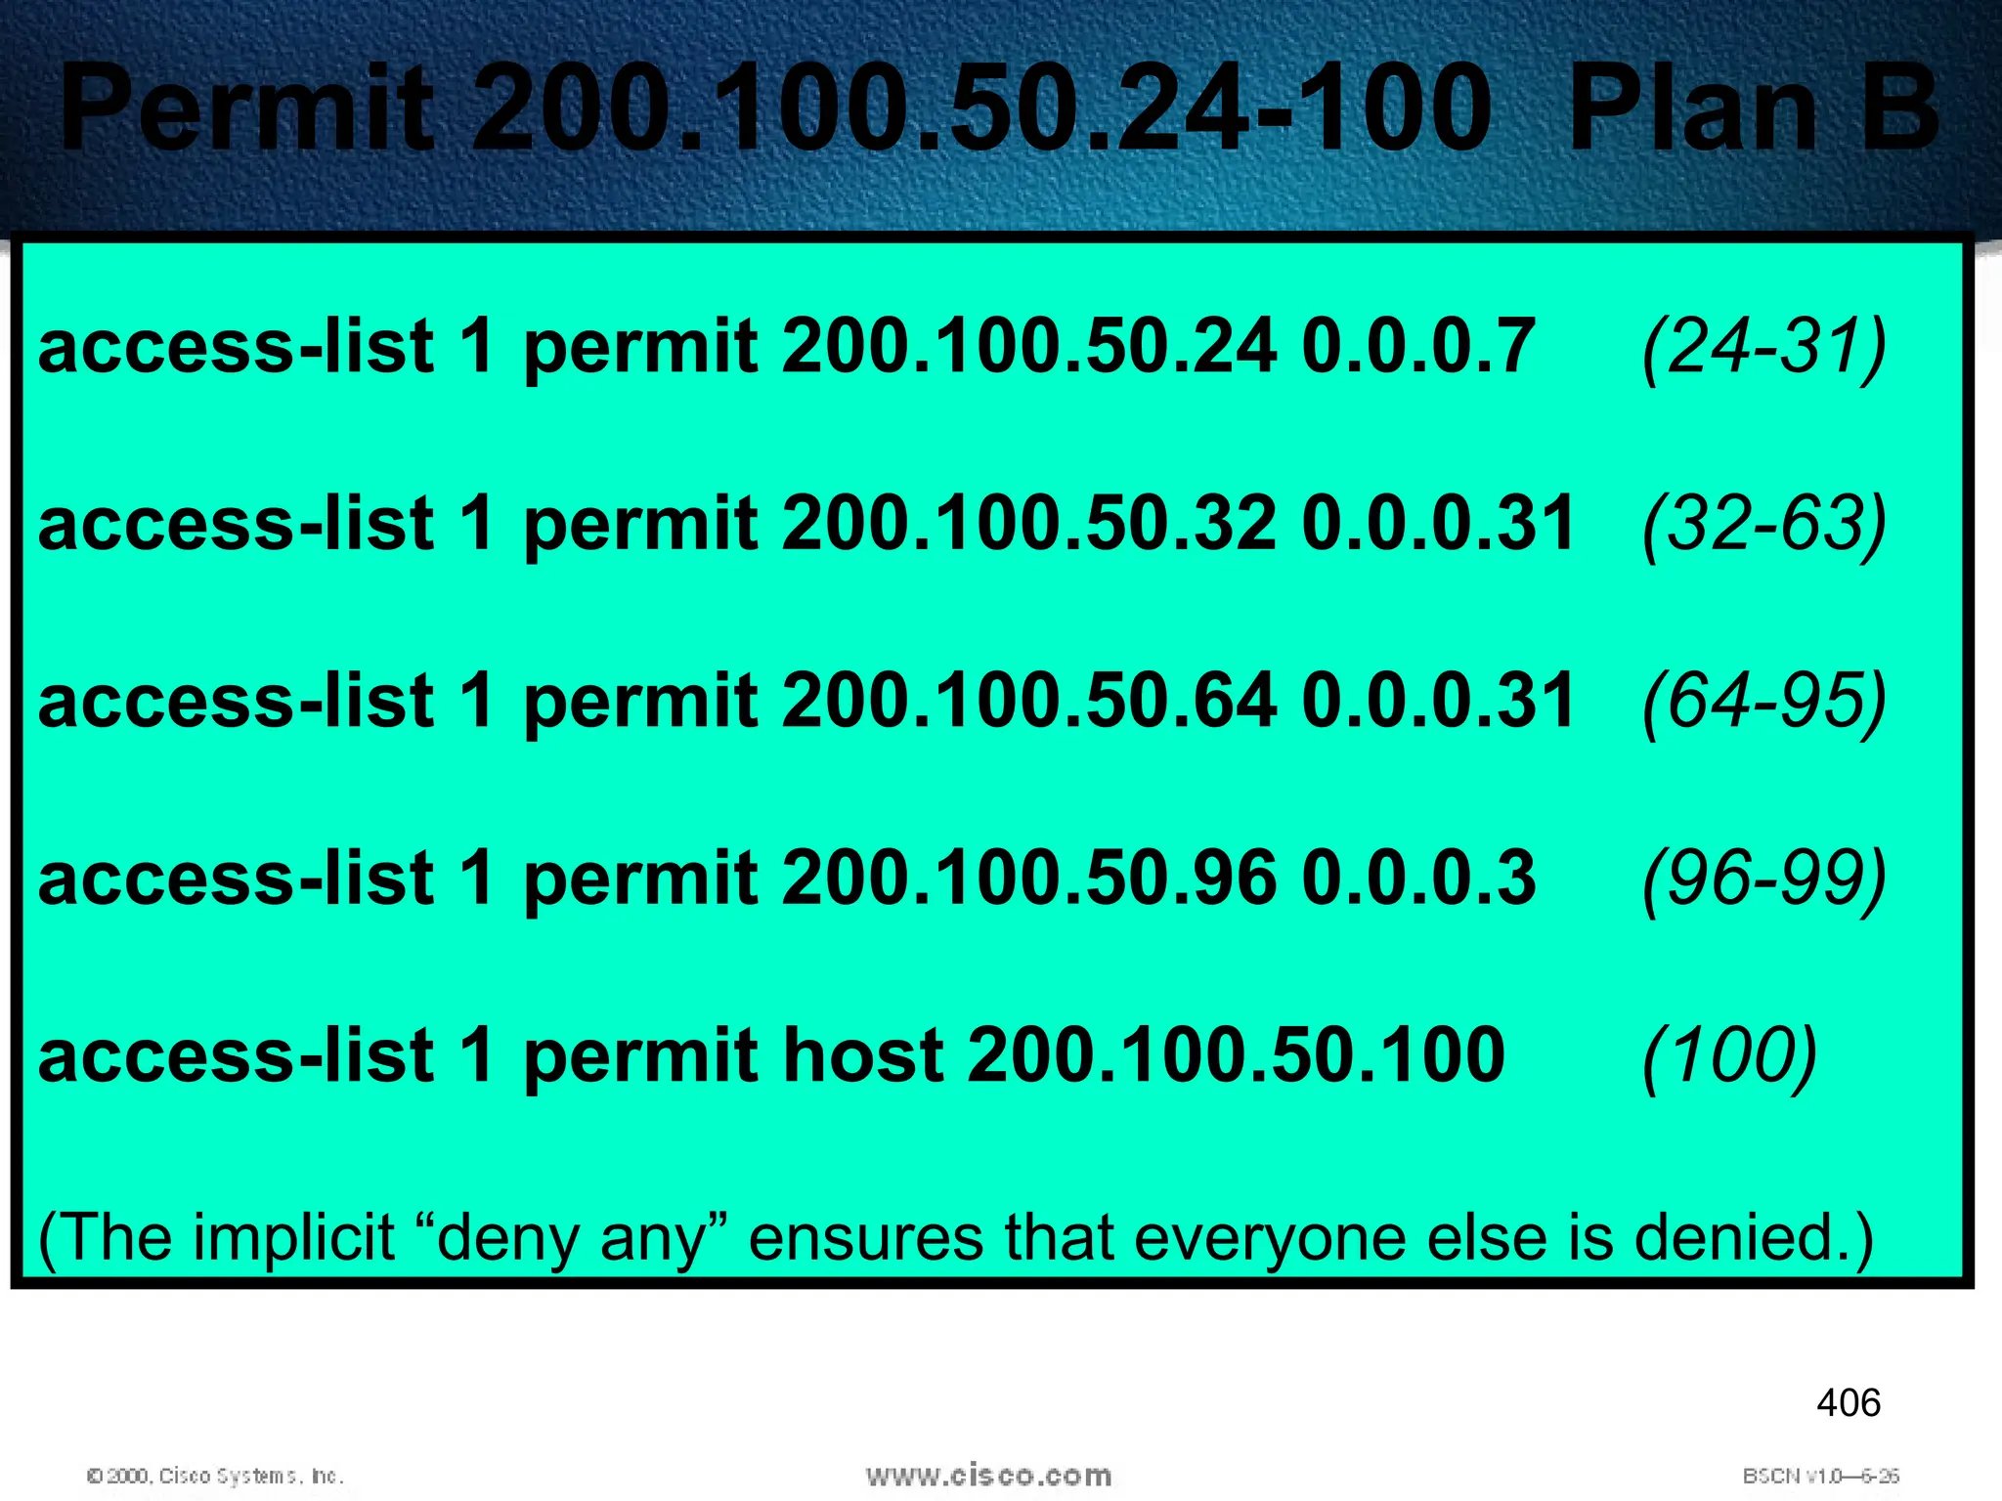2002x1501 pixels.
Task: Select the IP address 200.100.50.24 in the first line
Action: click(x=1028, y=347)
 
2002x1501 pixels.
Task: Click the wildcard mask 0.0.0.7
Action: click(x=1418, y=347)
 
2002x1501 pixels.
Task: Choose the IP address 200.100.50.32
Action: click(x=1028, y=524)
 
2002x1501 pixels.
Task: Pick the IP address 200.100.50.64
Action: click(x=1028, y=701)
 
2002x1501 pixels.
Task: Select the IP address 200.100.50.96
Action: click(x=1028, y=878)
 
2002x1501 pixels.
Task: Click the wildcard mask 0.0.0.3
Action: click(x=1418, y=878)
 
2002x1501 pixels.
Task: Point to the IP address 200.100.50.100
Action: click(x=1236, y=1054)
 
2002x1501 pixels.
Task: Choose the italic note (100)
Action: click(x=1729, y=1056)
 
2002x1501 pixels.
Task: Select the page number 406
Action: click(x=1848, y=1403)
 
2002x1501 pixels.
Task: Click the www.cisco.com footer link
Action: click(x=988, y=1476)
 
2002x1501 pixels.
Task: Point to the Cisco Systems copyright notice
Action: click(x=215, y=1476)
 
